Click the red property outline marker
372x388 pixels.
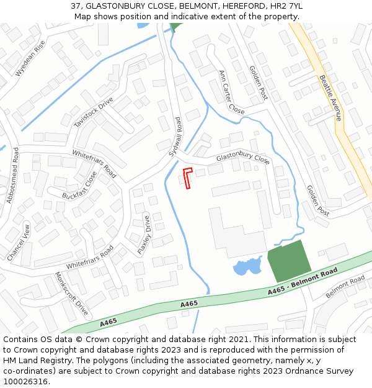pos(188,177)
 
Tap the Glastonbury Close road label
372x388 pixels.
pos(243,159)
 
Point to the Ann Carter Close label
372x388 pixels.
pos(231,91)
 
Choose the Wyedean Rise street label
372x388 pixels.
pos(30,59)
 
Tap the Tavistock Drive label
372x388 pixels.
pos(94,112)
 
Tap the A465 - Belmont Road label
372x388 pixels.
pos(303,281)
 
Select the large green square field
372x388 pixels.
pos(289,261)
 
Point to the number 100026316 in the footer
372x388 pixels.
pos(27,382)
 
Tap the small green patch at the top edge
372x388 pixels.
pos(176,27)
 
